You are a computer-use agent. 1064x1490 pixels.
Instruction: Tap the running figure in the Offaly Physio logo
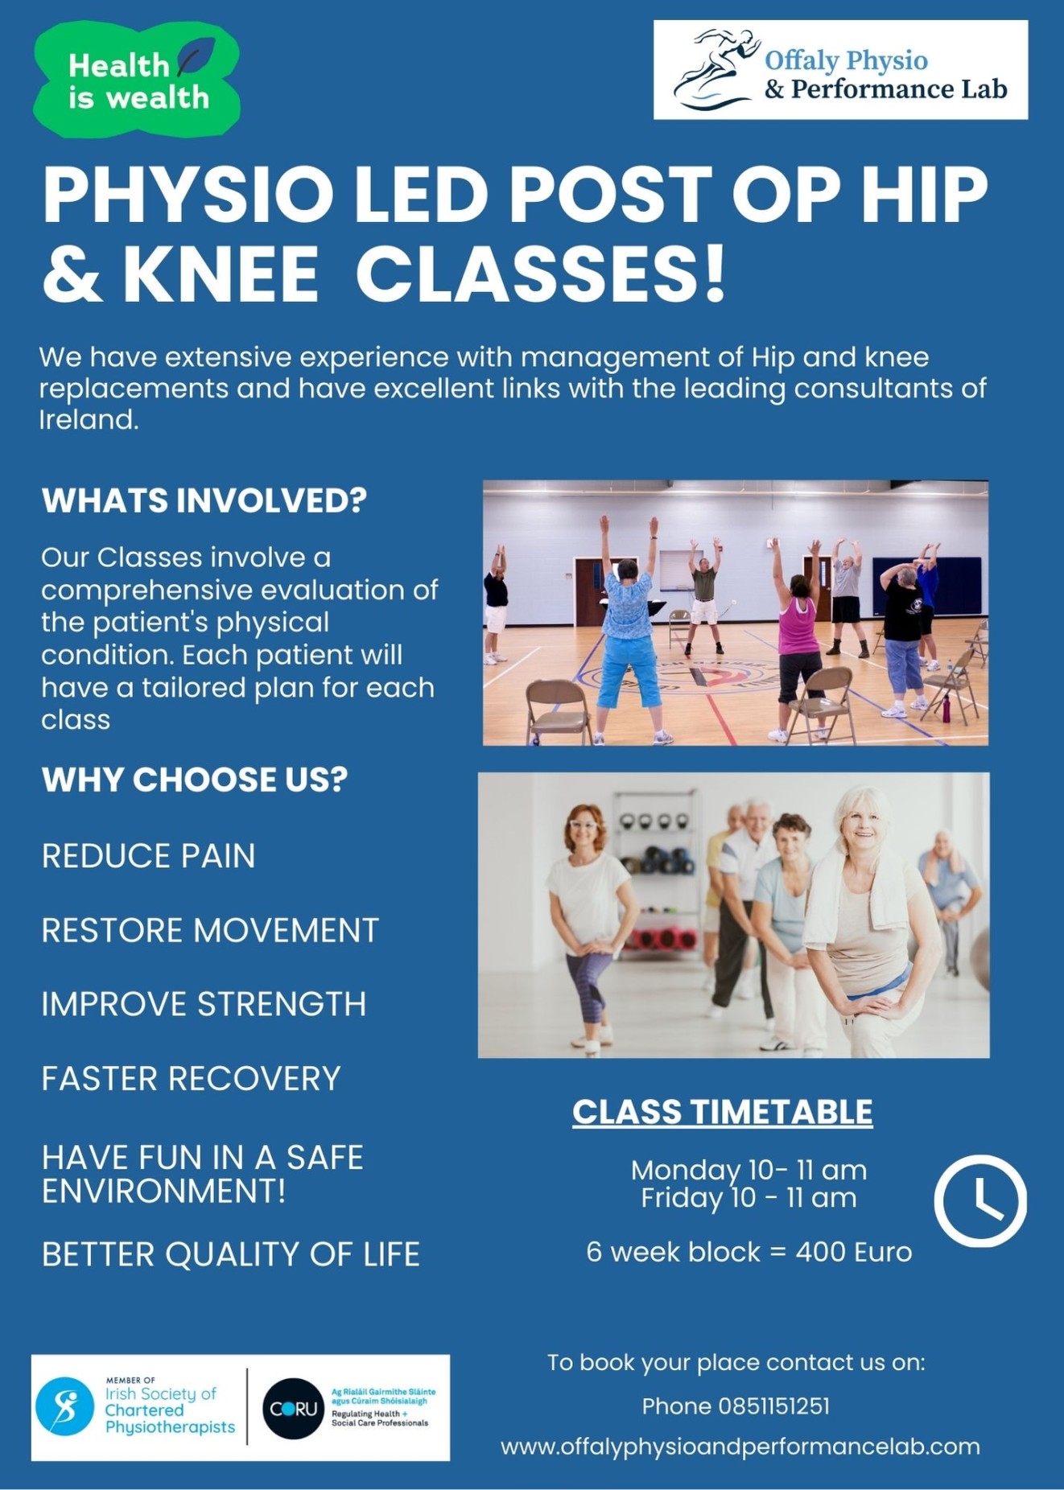(716, 69)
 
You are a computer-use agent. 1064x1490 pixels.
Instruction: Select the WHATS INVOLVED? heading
(204, 500)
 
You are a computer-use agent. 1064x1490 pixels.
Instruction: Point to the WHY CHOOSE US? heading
(195, 780)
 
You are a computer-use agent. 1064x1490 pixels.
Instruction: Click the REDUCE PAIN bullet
(149, 856)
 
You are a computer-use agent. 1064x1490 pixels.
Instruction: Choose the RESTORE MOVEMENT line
(210, 930)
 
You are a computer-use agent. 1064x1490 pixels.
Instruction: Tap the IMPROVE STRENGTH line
(204, 1004)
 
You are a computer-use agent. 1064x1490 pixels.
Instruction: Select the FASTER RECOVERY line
(192, 1079)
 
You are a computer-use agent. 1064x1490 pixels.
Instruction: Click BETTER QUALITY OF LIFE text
(231, 1254)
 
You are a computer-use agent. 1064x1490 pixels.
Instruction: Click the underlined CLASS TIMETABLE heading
(723, 1113)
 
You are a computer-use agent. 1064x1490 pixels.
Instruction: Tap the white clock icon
(980, 1201)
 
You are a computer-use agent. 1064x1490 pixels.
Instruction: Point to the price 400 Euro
(854, 1252)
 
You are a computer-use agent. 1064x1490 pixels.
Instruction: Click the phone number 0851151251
(774, 1406)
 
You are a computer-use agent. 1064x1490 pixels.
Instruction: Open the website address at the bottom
(740, 1447)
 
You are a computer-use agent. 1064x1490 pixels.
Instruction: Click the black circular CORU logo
(293, 1409)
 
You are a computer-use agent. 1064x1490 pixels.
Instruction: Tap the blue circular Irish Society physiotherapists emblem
(65, 1407)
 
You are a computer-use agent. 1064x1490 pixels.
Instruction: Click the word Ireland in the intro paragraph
(89, 419)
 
